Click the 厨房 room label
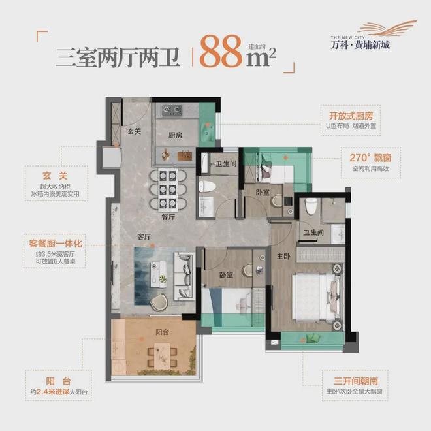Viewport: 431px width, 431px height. click(174, 136)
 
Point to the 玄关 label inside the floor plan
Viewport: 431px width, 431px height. click(135, 131)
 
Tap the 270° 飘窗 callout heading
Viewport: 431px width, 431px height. click(359, 157)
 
